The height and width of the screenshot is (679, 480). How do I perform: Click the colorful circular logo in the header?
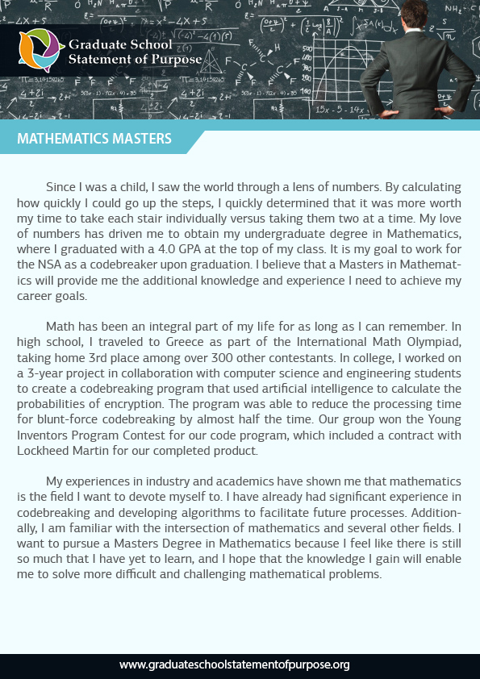point(40,50)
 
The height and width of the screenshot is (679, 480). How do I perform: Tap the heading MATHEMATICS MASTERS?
point(94,139)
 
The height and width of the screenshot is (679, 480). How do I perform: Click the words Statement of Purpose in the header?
point(123,58)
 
